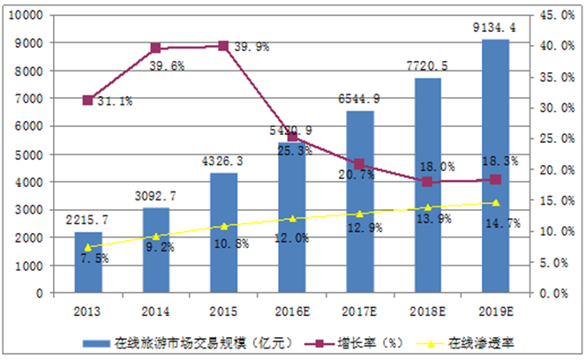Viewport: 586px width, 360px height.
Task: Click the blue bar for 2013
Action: tap(87, 262)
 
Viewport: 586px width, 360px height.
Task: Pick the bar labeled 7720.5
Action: tap(427, 185)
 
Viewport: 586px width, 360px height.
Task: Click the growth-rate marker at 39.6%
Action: tap(155, 48)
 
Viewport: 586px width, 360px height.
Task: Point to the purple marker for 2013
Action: tap(87, 100)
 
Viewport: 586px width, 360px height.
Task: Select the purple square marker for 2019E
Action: tap(495, 180)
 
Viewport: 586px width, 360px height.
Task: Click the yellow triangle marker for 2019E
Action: tap(495, 202)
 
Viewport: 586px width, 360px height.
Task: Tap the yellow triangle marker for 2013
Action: tap(87, 247)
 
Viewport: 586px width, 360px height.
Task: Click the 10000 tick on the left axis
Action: tap(26, 15)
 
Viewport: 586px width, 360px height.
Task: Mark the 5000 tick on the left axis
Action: tap(29, 154)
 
